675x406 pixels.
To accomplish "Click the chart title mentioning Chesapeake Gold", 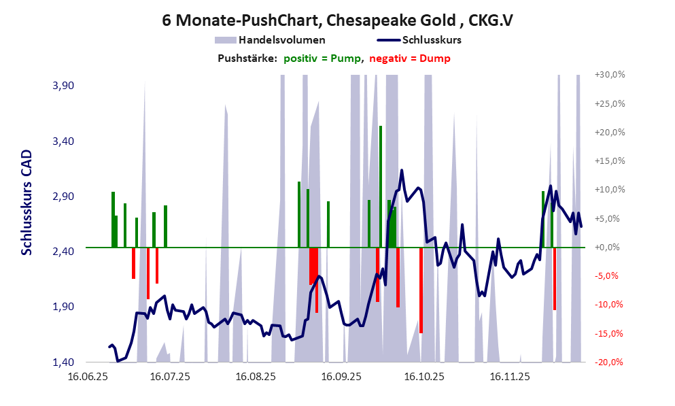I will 337,20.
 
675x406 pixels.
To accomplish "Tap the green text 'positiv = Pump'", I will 322,58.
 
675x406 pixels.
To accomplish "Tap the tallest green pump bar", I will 381,184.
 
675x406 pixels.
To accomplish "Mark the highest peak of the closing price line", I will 402,171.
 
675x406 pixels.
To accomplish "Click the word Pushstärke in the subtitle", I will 247,58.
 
